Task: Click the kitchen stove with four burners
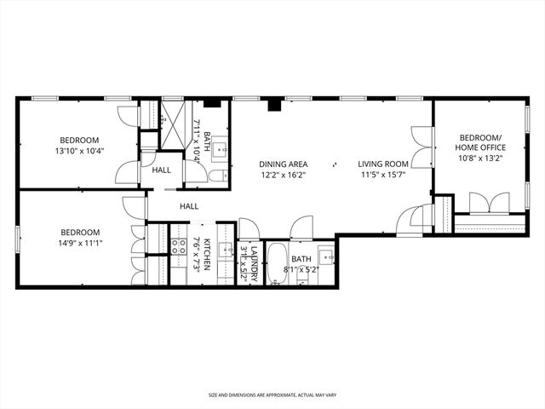[179, 248]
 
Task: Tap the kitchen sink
[226, 250]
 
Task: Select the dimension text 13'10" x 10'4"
[79, 152]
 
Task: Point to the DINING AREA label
[284, 164]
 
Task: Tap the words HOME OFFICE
[483, 147]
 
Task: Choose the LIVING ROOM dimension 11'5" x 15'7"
[383, 176]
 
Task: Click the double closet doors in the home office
[490, 202]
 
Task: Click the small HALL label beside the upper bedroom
[162, 170]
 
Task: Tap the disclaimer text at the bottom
[272, 395]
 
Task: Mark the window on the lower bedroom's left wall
[17, 239]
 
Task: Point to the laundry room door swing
[249, 228]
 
